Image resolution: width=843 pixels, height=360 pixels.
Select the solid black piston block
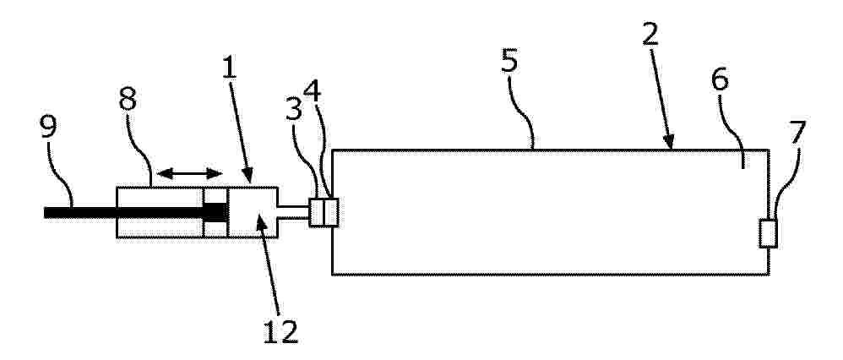click(x=215, y=212)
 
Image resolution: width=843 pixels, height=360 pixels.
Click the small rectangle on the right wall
click(x=768, y=233)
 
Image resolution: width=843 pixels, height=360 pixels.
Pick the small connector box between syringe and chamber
click(x=324, y=212)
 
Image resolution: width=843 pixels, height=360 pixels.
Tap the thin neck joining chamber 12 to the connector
click(x=295, y=212)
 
